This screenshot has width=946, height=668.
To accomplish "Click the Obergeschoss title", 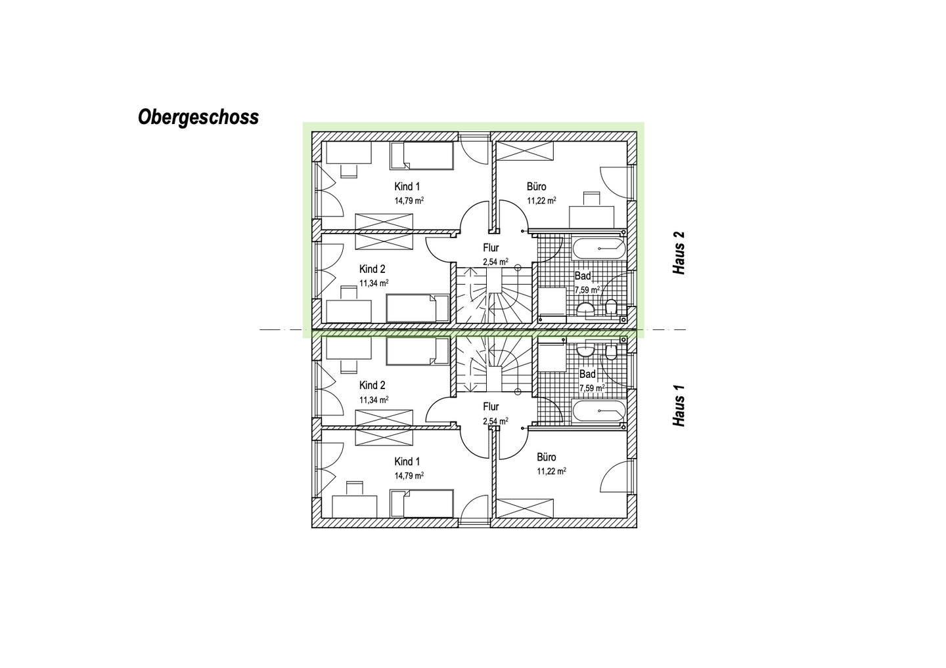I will pos(198,117).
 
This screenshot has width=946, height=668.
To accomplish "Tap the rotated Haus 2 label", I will pos(679,253).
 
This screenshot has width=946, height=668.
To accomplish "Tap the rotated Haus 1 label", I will pos(679,406).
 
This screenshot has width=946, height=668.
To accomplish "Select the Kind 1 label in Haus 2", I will pos(407,186).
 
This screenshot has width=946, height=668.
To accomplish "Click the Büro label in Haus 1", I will pos(546,457).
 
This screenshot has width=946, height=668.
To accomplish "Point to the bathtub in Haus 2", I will pos(598,249).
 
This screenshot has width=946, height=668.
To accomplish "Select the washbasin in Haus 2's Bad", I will pos(585,308).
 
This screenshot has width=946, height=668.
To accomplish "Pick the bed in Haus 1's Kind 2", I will pos(417,351).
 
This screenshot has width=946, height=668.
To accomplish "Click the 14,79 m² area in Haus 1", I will pos(409,476).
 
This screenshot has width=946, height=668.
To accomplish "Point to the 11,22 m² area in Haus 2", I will pos(541,201).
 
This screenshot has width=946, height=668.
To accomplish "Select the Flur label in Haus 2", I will pos(491,247).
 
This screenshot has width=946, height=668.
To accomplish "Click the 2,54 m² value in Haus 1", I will pos(495,421).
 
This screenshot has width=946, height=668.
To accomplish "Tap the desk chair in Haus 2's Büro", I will pos(591,198).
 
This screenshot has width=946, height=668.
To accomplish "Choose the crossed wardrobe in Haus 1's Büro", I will pos(526,509).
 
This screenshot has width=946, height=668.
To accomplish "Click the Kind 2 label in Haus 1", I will pos(372,385).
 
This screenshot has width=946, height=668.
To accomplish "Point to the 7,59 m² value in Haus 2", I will pos(587,289).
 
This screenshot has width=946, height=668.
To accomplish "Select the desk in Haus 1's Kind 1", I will pos(355,507).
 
